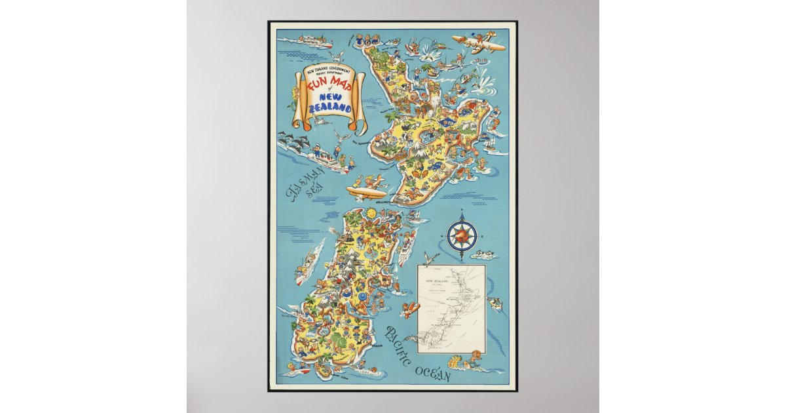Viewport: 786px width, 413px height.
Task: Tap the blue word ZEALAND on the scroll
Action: pos(333,108)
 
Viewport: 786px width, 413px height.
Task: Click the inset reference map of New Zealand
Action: pos(452,308)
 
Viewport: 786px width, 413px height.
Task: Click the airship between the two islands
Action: pos(367,192)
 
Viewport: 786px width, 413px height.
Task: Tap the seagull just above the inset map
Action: pos(432,257)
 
